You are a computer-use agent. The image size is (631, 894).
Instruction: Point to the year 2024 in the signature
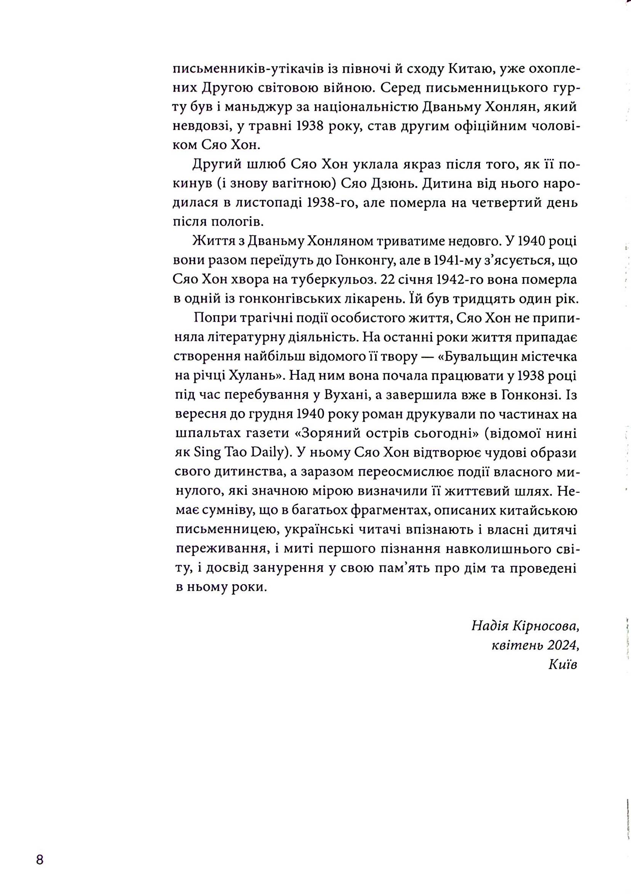(x=562, y=645)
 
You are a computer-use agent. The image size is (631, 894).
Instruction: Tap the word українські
(x=320, y=529)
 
